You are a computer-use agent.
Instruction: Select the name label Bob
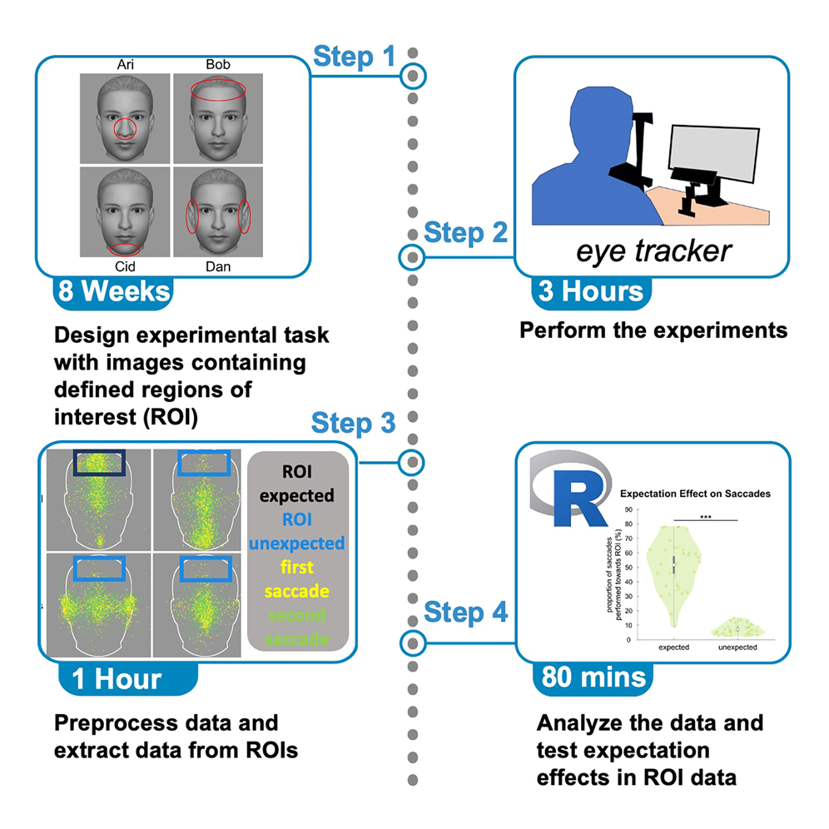pos(217,64)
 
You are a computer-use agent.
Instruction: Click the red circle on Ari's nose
pos(125,130)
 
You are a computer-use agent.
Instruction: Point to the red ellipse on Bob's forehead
pos(217,91)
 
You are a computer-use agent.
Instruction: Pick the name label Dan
pos(217,267)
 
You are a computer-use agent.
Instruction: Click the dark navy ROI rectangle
pos(99,464)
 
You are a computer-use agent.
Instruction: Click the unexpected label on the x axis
pos(732,647)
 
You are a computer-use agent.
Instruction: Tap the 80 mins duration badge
pos(592,678)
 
